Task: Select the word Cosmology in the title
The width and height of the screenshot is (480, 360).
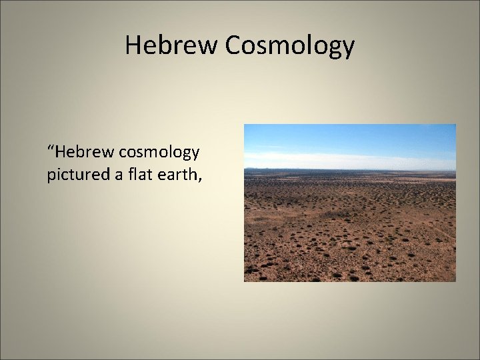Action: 290,46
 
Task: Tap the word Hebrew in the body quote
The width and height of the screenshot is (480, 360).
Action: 83,153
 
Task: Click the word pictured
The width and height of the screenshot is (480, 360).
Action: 74,175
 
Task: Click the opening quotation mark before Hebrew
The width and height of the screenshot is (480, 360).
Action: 50,147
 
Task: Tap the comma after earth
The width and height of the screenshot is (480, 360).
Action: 197,181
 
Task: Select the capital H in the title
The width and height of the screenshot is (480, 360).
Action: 133,45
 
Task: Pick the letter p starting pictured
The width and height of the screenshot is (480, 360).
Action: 51,177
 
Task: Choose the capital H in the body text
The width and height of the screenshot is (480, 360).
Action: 60,153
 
